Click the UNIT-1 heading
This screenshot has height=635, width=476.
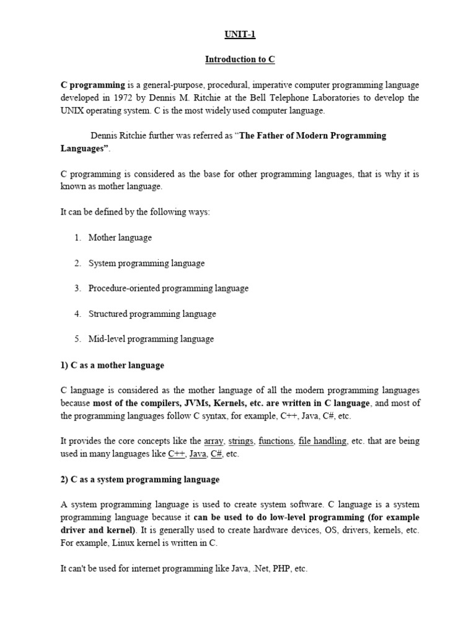(239, 35)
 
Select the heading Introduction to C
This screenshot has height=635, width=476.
(239, 60)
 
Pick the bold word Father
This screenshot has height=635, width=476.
(281, 136)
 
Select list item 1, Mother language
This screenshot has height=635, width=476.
(120, 238)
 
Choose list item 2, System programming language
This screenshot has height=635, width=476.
(146, 263)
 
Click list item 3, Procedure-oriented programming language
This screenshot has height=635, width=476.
(168, 288)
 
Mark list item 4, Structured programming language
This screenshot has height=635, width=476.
(152, 314)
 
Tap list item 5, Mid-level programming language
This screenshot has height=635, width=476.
(151, 339)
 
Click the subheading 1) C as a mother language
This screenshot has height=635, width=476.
(112, 365)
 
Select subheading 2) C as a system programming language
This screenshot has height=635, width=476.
(139, 480)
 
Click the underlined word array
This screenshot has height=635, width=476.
(213, 442)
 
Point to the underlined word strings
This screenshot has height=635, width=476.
(240, 442)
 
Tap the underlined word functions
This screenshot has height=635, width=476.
(276, 442)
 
